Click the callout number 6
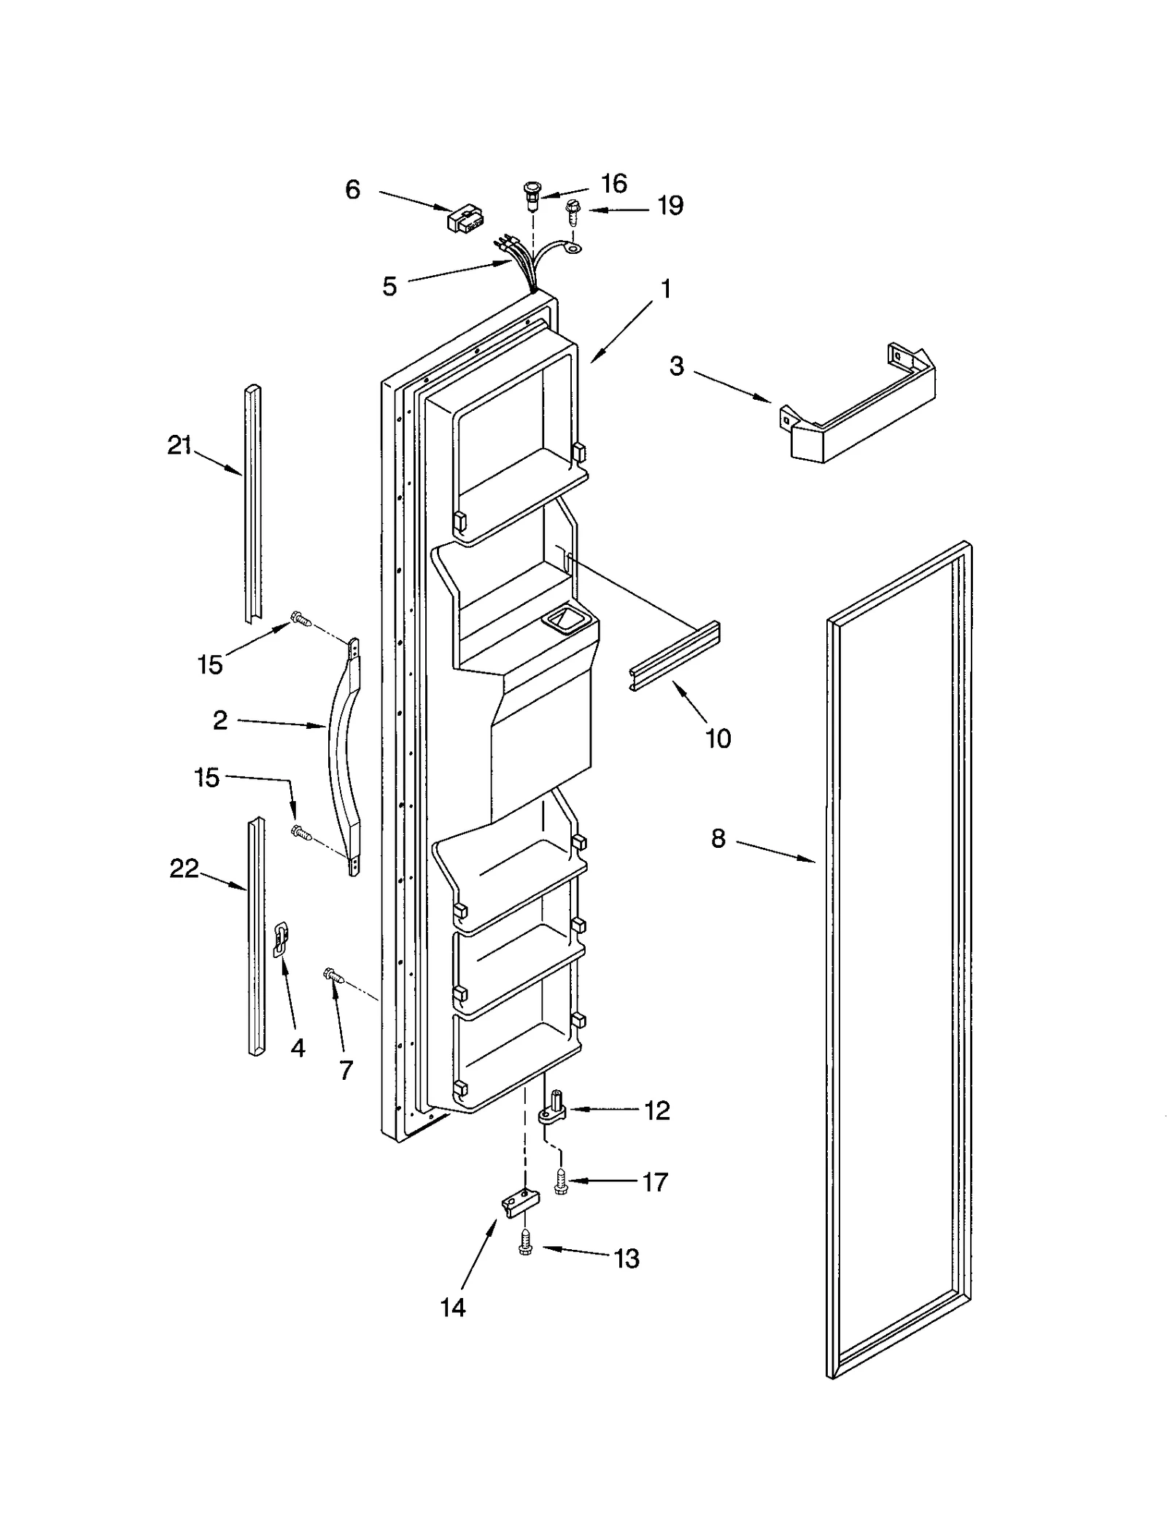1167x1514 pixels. click(352, 190)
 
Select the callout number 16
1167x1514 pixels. click(614, 183)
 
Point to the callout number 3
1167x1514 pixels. click(677, 366)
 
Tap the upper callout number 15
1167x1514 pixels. click(209, 665)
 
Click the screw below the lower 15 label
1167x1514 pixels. click(301, 832)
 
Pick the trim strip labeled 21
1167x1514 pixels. click(252, 503)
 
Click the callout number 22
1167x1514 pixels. click(184, 868)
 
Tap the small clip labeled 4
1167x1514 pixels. click(281, 939)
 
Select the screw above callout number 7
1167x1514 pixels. click(332, 973)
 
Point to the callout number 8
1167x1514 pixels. click(718, 838)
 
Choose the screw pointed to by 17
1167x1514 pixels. click(560, 1181)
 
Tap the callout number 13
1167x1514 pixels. click(627, 1258)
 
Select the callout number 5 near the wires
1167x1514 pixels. click(389, 287)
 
